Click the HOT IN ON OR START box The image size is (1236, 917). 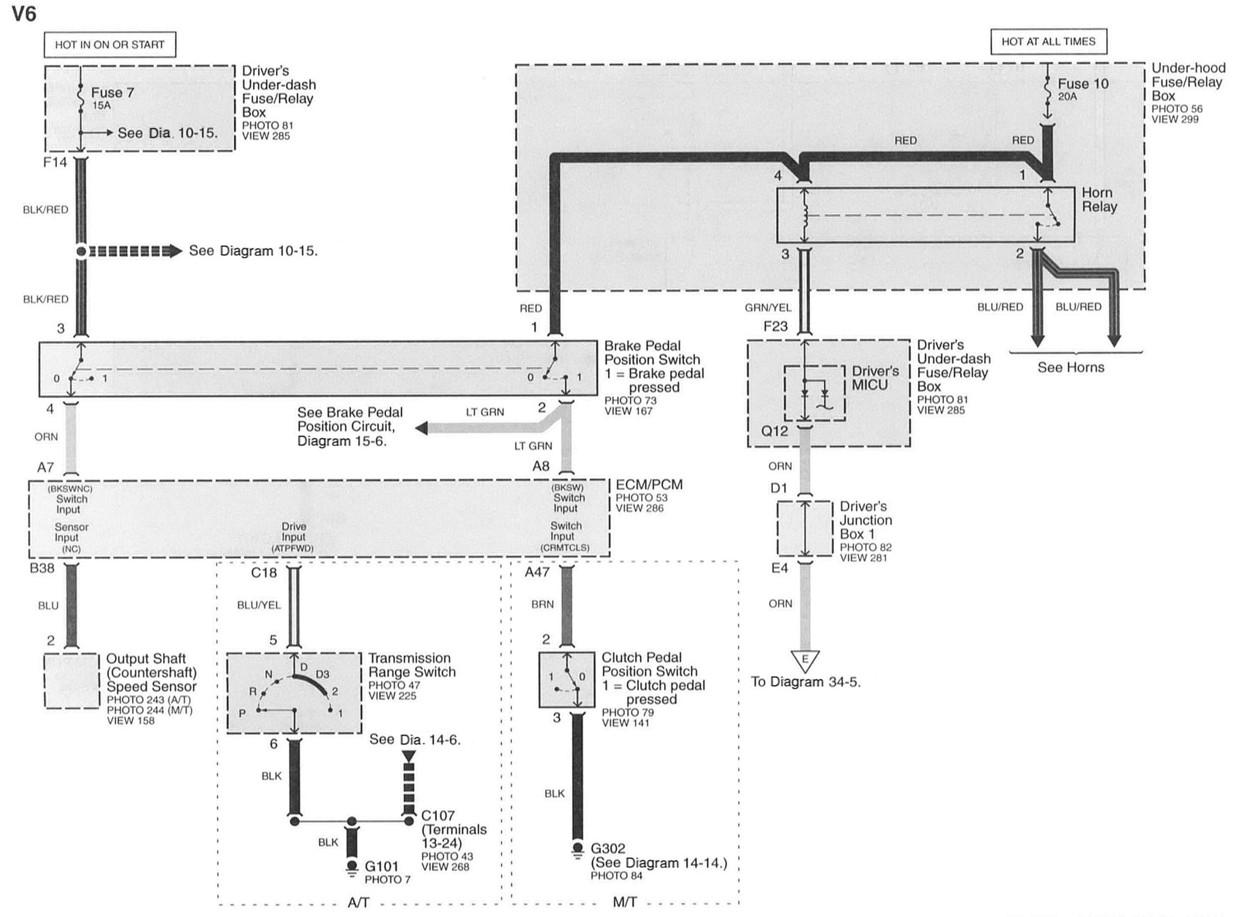(110, 44)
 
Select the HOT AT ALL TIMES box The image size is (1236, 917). (1048, 41)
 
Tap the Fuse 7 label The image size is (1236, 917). (112, 92)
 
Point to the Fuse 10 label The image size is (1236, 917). (1083, 84)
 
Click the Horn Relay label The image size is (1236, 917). (1099, 200)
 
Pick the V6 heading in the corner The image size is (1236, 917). (24, 14)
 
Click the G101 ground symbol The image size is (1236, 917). (351, 867)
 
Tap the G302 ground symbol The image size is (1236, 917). (577, 850)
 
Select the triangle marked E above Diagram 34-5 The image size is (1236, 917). (805, 660)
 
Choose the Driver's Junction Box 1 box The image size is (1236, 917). (805, 528)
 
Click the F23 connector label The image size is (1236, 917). (775, 326)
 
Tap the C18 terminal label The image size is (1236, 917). (264, 572)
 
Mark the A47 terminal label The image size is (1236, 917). (537, 572)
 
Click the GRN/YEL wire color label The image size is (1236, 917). (768, 308)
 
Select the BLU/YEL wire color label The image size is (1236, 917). (259, 605)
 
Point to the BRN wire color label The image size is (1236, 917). (542, 604)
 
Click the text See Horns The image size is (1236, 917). (1071, 367)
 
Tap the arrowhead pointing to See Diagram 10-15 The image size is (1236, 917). (175, 251)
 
